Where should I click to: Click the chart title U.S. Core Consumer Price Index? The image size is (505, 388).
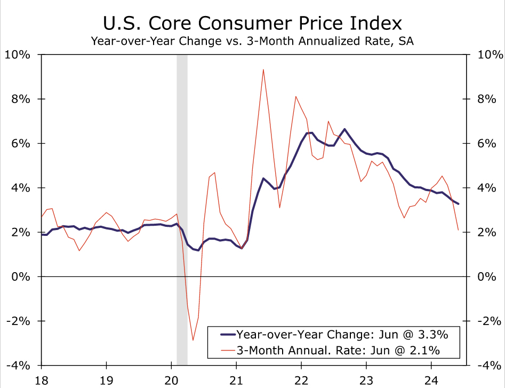tap(252, 23)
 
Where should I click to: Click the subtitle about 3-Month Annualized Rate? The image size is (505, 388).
tap(252, 41)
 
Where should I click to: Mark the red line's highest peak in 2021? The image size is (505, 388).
tap(263, 70)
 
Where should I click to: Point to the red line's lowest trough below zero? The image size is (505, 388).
tap(193, 340)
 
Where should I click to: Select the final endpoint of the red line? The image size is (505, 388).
tap(458, 230)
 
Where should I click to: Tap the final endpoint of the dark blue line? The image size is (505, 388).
tap(459, 204)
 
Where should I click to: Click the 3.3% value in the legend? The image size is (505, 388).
tap(431, 335)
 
